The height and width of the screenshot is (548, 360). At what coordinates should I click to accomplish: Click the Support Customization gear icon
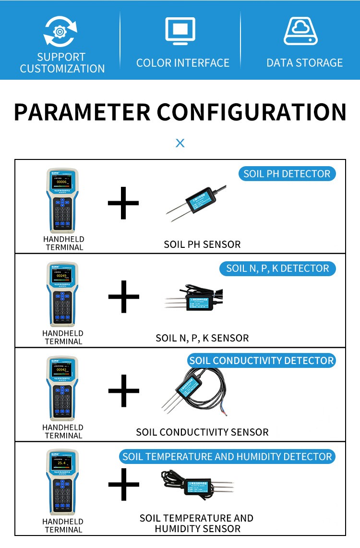pyautogui.click(x=60, y=32)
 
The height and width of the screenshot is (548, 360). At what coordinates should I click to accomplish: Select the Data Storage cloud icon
pyautogui.click(x=301, y=32)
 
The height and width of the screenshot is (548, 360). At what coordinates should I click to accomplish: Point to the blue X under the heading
pyautogui.click(x=180, y=143)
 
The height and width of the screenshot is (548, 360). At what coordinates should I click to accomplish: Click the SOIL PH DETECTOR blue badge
pyautogui.click(x=287, y=174)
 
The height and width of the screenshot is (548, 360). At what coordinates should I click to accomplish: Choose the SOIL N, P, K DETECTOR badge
pyautogui.click(x=277, y=268)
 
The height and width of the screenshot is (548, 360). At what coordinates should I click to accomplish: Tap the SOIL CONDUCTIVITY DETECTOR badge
pyautogui.click(x=262, y=361)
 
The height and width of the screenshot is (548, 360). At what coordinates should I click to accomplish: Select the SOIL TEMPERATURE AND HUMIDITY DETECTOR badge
pyautogui.click(x=227, y=456)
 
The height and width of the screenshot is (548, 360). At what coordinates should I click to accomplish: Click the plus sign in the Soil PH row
pyautogui.click(x=123, y=203)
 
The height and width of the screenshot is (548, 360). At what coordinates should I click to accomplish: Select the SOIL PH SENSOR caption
pyautogui.click(x=202, y=244)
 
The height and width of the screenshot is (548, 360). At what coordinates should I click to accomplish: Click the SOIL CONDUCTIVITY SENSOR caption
pyautogui.click(x=202, y=432)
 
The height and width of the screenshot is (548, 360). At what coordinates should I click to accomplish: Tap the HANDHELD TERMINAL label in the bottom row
pyautogui.click(x=63, y=525)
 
